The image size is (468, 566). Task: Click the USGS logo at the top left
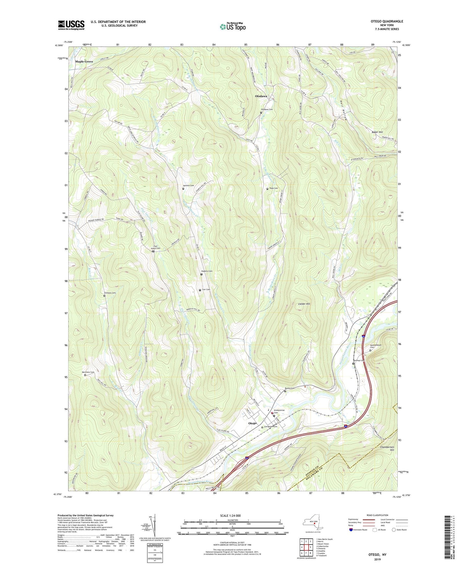(x=71, y=25)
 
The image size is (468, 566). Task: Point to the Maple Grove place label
(x=84, y=62)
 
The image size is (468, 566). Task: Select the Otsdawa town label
(x=261, y=96)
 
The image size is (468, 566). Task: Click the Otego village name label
(x=252, y=423)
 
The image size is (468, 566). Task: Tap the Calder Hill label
(x=304, y=304)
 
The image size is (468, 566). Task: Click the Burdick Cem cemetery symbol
(x=183, y=189)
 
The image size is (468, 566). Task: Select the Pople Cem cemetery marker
(x=267, y=189)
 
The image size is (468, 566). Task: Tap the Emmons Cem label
(x=109, y=293)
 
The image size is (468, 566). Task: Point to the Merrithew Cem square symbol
(x=85, y=375)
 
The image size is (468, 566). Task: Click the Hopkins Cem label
(x=207, y=271)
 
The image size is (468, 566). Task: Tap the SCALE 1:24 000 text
(x=230, y=516)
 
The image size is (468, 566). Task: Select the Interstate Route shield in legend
(x=351, y=530)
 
